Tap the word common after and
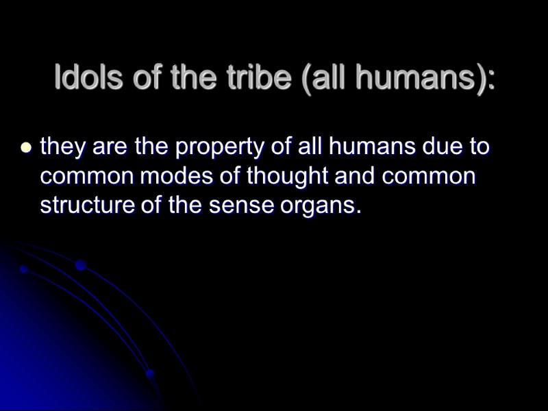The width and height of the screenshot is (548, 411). [x=429, y=176]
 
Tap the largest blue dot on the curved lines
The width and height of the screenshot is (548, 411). [x=80, y=265]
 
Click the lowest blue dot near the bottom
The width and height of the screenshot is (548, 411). [x=149, y=374]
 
